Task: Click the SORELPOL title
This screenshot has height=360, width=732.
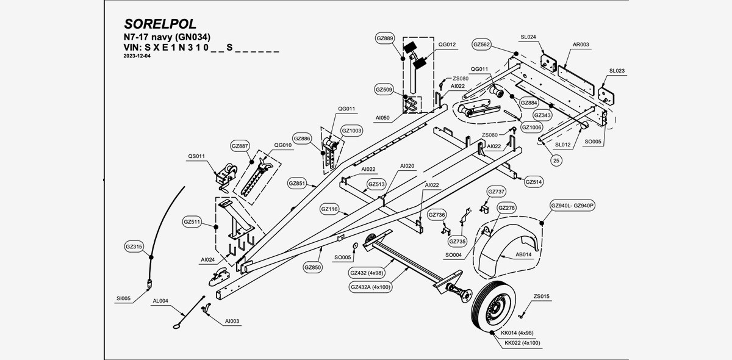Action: click(x=160, y=24)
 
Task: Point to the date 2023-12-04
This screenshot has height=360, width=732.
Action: click(x=137, y=56)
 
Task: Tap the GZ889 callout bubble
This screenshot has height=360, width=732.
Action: click(x=385, y=38)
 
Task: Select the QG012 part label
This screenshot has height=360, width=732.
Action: click(x=447, y=45)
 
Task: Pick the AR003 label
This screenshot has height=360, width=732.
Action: click(x=581, y=45)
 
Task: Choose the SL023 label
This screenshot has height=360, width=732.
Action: click(x=616, y=71)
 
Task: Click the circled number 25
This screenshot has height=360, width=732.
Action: click(x=556, y=160)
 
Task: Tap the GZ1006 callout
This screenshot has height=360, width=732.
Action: click(x=531, y=127)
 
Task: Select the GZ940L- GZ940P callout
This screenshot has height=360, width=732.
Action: click(x=572, y=206)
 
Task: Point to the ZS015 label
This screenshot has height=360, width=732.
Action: click(x=542, y=297)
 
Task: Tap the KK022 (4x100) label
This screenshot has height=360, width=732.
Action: click(x=522, y=343)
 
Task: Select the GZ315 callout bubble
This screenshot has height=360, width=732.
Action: click(x=134, y=247)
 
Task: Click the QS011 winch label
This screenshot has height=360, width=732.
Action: click(x=196, y=156)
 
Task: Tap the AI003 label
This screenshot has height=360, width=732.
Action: click(x=232, y=321)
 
